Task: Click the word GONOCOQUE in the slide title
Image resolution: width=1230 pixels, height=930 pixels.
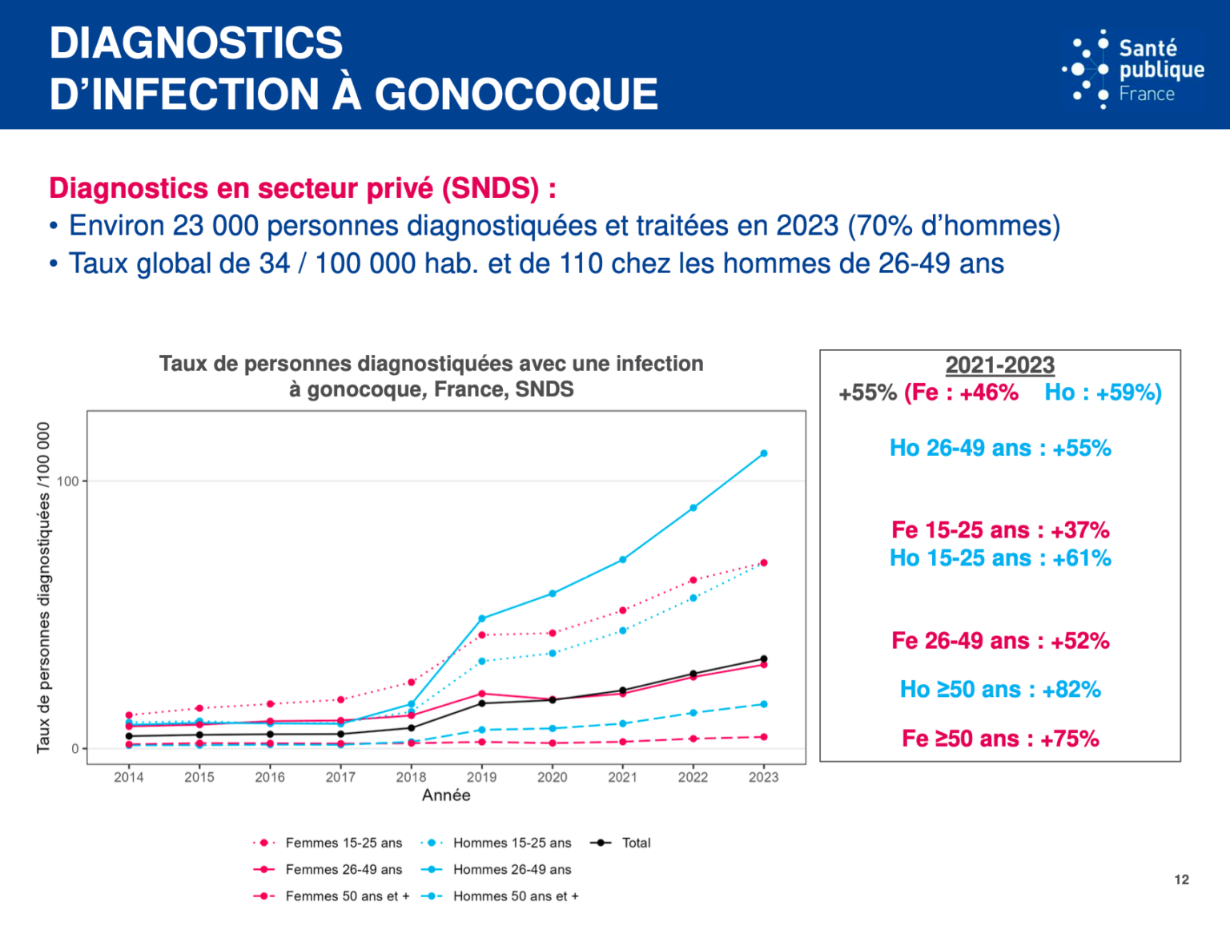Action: pyautogui.click(x=516, y=95)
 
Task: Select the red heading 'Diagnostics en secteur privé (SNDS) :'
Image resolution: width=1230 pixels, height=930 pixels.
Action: pyautogui.click(x=302, y=188)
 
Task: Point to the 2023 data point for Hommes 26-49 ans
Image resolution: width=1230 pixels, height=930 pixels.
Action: pyautogui.click(x=763, y=453)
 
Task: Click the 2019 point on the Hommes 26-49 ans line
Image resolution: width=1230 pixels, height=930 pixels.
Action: pyautogui.click(x=481, y=618)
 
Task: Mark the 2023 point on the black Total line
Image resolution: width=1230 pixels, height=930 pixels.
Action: pyautogui.click(x=763, y=659)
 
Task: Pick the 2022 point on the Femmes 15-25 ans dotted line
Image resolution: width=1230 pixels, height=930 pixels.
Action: pyautogui.click(x=693, y=580)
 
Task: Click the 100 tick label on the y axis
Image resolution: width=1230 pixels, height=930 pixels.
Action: pyautogui.click(x=68, y=481)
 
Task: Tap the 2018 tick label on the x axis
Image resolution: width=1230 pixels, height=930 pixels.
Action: pyautogui.click(x=411, y=777)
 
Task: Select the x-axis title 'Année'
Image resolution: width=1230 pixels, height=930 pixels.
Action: pyautogui.click(x=446, y=795)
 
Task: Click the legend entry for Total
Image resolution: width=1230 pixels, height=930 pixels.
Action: pyautogui.click(x=636, y=843)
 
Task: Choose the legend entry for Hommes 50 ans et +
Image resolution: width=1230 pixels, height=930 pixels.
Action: pyautogui.click(x=515, y=896)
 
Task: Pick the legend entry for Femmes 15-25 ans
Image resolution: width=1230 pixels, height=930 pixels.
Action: pyautogui.click(x=344, y=843)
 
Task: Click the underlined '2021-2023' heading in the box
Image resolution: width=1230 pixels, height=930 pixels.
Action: pyautogui.click(x=999, y=365)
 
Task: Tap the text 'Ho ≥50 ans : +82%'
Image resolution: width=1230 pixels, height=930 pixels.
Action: pyautogui.click(x=999, y=690)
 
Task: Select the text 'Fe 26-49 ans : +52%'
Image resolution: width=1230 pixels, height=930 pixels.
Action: pyautogui.click(x=999, y=641)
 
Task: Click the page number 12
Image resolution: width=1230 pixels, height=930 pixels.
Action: pyautogui.click(x=1181, y=880)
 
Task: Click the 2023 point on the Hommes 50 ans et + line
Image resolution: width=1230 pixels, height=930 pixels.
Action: pyautogui.click(x=763, y=704)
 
